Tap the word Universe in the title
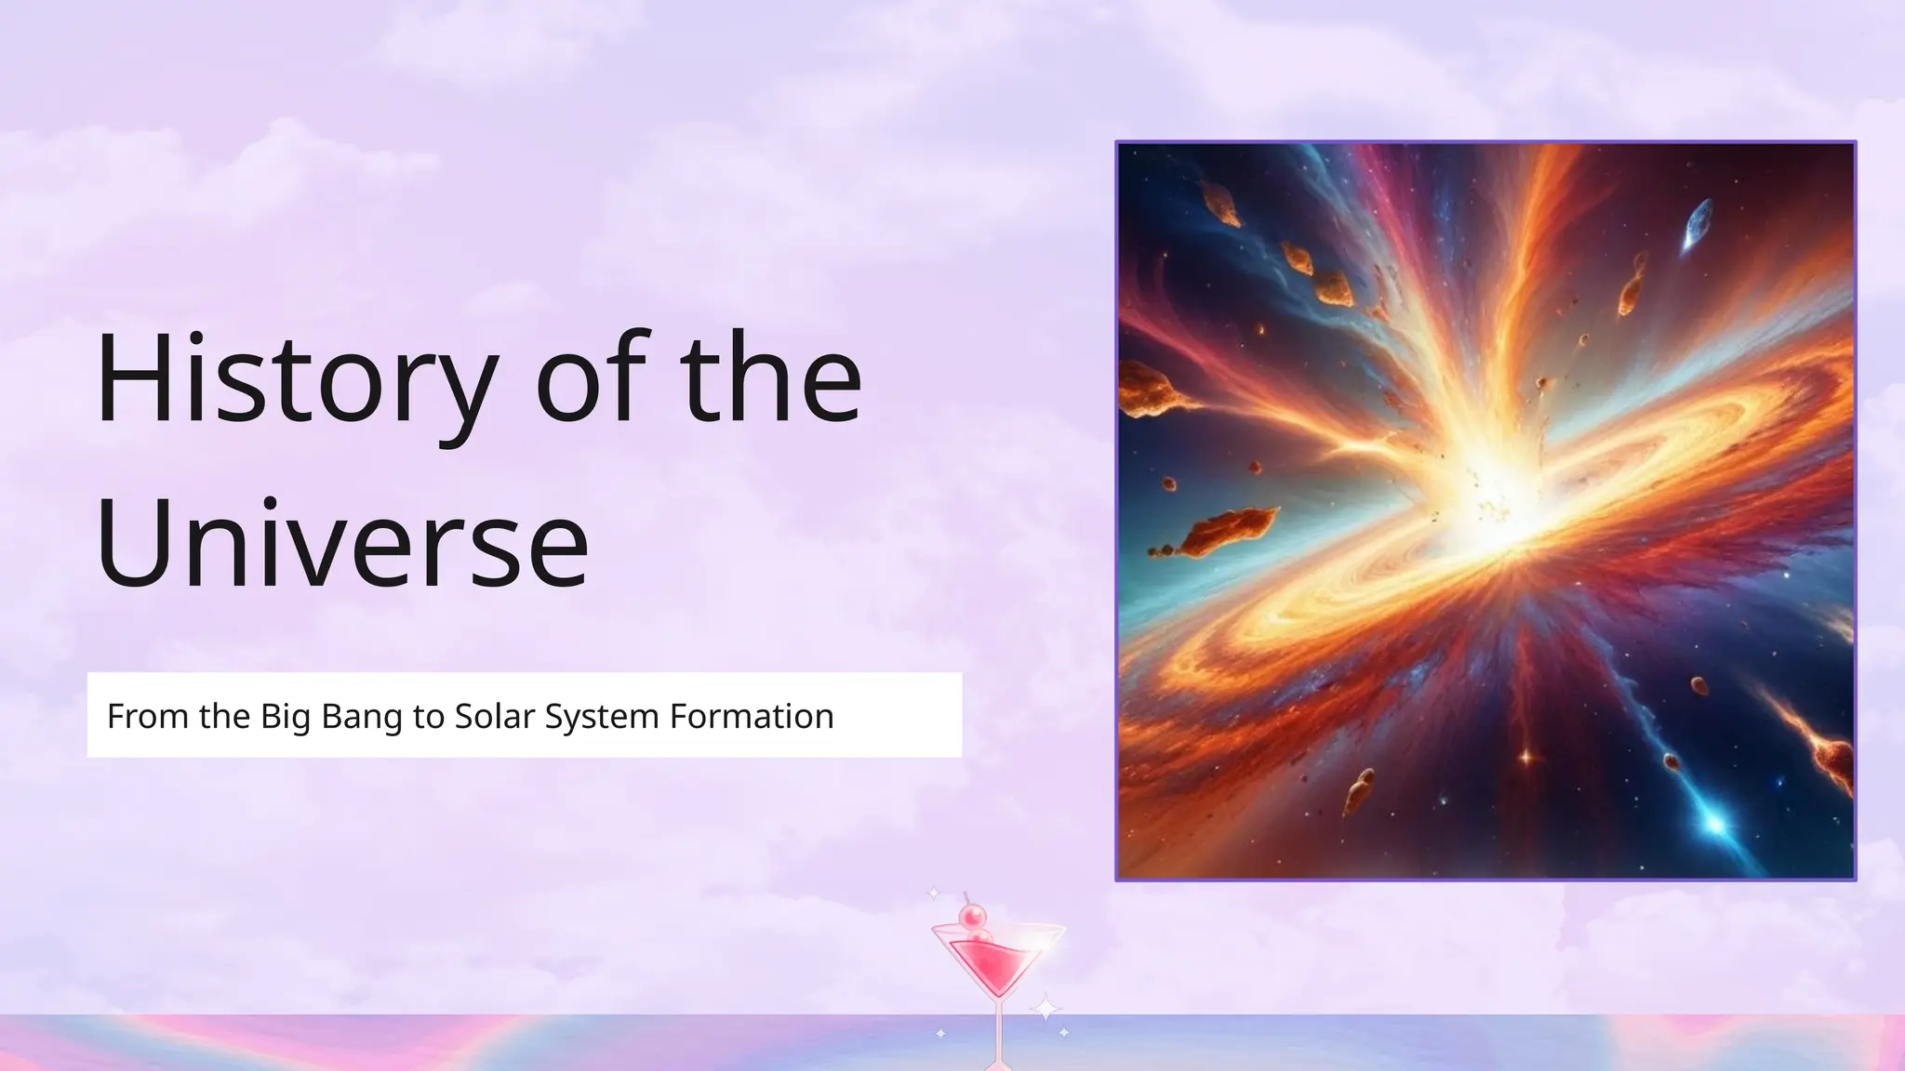click(341, 543)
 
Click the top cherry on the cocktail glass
click(973, 919)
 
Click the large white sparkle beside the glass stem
click(1045, 1008)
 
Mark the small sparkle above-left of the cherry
click(934, 894)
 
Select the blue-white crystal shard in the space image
click(1698, 224)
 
